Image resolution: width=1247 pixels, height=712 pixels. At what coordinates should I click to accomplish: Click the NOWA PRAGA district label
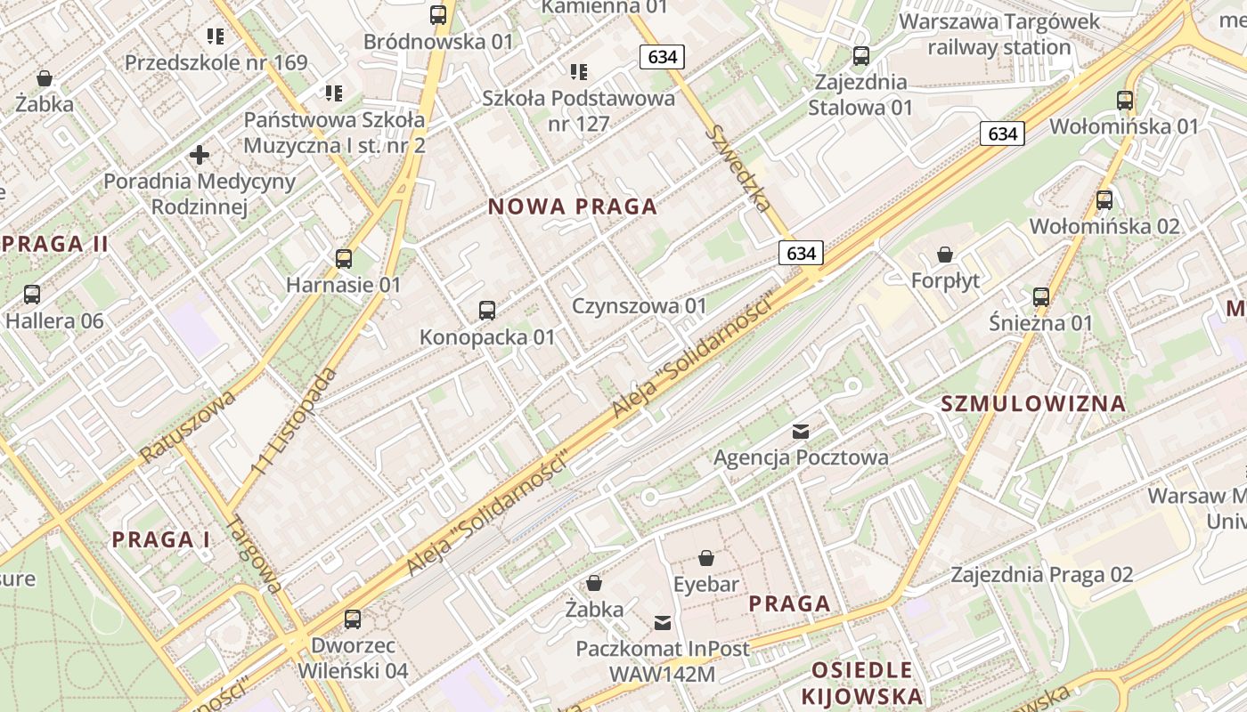point(573,207)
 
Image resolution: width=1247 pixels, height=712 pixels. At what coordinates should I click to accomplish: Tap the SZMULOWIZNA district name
point(1033,404)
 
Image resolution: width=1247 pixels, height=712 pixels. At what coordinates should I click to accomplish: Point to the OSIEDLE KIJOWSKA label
point(861,683)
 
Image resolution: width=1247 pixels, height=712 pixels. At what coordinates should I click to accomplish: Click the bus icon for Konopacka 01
point(487,311)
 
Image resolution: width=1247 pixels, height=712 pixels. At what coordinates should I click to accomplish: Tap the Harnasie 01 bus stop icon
point(344,259)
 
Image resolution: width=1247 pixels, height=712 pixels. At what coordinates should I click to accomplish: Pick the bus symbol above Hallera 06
point(32,294)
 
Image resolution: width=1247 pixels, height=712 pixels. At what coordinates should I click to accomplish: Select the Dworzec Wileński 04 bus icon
point(353,619)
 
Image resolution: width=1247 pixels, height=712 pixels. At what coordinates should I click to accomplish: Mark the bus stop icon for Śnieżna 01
point(1040,296)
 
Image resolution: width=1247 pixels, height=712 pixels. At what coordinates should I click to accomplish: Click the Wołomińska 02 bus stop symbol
point(1104,200)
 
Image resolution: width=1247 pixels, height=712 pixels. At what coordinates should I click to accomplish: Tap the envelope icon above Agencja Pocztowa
point(801,432)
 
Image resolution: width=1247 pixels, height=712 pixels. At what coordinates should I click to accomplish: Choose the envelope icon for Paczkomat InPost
point(663,622)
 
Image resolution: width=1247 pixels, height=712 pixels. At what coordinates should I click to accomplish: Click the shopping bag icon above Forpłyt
point(945,255)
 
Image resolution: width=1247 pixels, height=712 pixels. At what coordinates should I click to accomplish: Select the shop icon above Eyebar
point(706,558)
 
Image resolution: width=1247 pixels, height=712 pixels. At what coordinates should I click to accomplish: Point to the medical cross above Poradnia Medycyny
point(200,156)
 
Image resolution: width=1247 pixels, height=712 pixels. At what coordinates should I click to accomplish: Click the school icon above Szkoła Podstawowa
point(579,71)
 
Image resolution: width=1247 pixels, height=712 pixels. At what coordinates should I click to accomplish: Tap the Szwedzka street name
point(738,167)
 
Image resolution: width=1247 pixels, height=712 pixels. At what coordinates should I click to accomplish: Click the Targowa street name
point(255,554)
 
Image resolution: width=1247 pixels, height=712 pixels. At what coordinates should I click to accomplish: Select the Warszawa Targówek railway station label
point(999,34)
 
